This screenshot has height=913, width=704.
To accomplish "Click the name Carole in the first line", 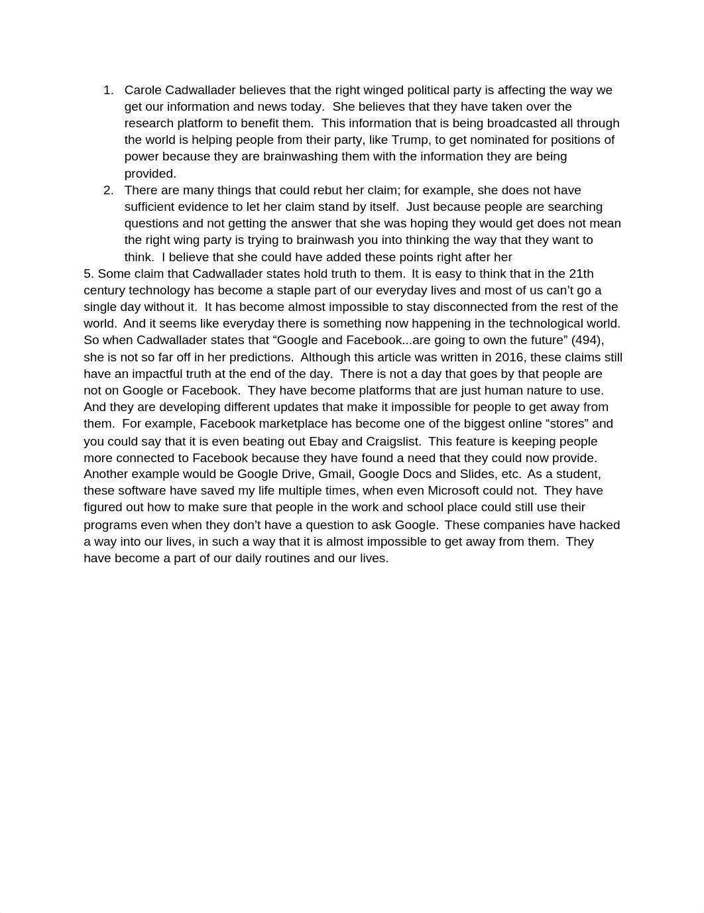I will (143, 90).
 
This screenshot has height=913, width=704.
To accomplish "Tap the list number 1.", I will (108, 90).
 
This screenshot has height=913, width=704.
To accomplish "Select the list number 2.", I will (108, 190).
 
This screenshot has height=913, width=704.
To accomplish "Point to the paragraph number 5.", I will (89, 274).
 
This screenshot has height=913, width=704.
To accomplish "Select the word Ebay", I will (323, 442).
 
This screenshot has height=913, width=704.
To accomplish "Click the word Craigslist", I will (392, 442).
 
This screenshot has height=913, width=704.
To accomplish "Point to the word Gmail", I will (335, 474).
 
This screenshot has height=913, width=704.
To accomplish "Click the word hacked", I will (599, 525).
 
